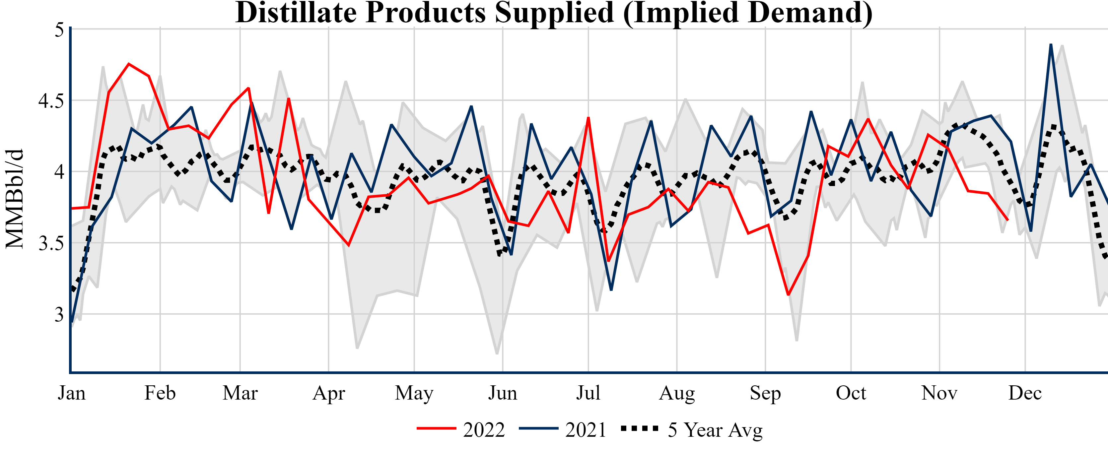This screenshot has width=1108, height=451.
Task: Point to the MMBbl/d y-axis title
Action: click(x=14, y=199)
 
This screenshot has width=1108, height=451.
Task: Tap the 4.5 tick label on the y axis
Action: click(x=51, y=101)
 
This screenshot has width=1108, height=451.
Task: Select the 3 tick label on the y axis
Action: click(x=59, y=315)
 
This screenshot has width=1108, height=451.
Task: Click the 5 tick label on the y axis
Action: click(x=59, y=30)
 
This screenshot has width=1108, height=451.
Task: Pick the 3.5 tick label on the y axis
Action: click(x=51, y=244)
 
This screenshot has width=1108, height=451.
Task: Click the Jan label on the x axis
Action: click(x=71, y=393)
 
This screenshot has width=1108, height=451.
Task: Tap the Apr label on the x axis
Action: click(x=329, y=393)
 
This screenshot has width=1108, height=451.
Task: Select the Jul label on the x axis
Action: click(x=588, y=393)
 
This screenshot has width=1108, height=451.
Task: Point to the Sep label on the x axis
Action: click(x=765, y=393)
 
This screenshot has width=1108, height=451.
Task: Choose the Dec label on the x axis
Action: click(x=1025, y=393)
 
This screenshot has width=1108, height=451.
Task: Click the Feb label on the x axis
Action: click(x=160, y=393)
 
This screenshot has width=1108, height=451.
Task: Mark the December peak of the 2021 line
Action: click(x=1051, y=44)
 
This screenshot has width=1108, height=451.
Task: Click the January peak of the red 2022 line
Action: click(x=129, y=64)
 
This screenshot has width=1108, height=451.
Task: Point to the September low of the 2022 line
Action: click(x=788, y=295)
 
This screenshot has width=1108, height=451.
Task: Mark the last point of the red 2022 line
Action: click(x=1008, y=220)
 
